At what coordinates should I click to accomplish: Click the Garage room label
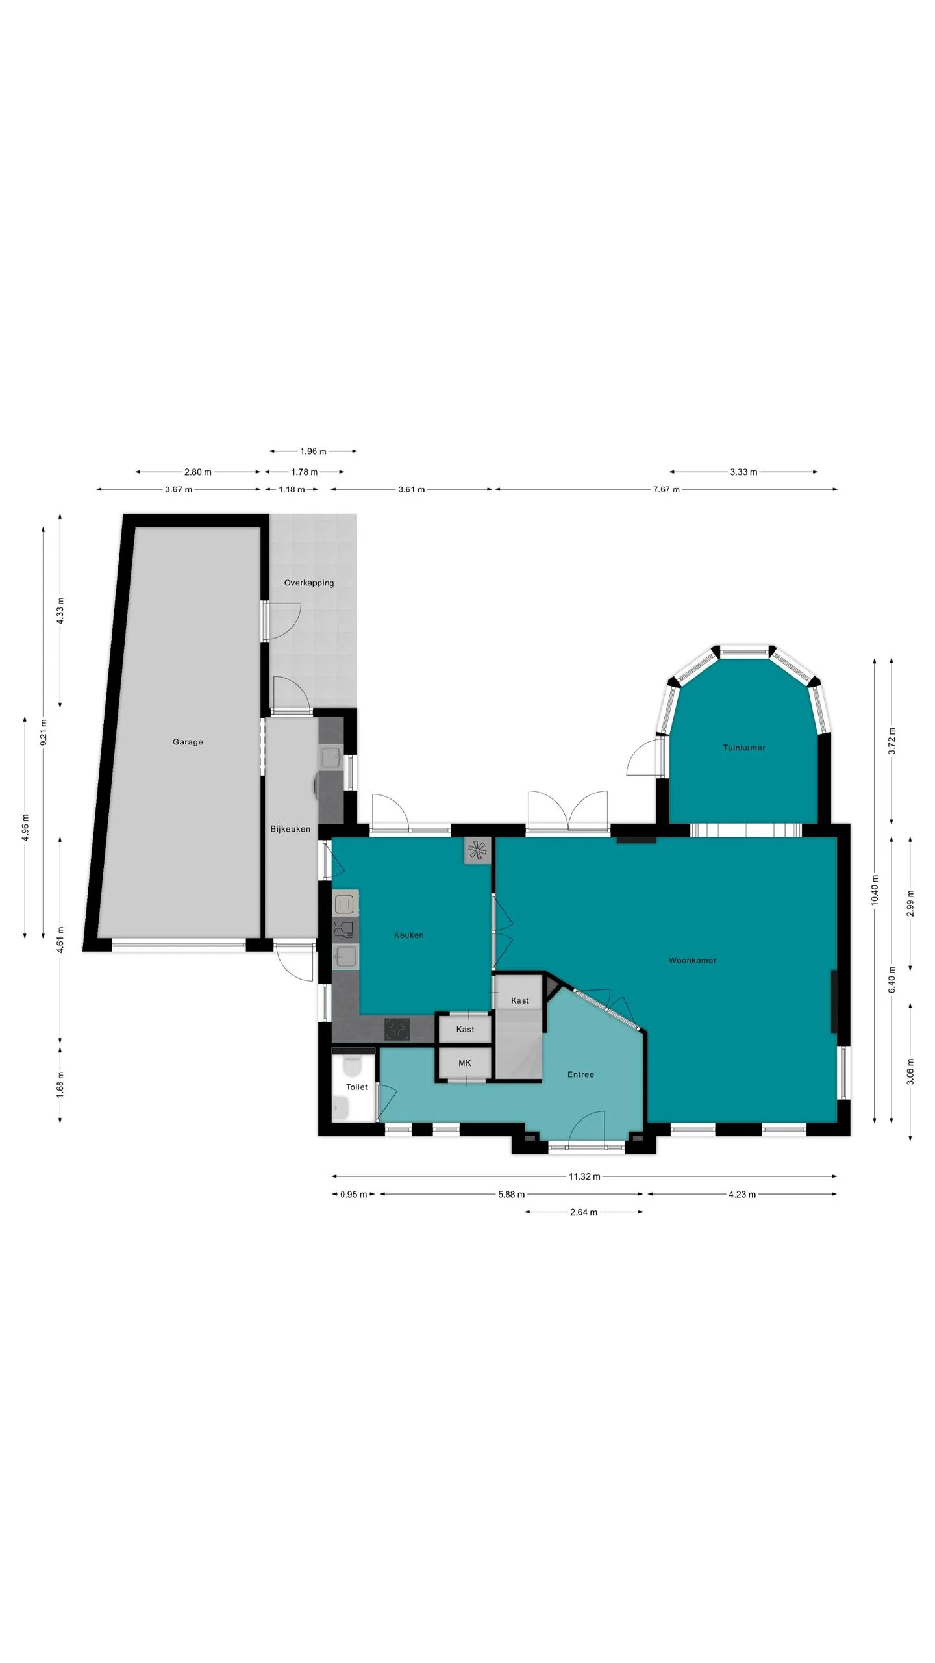pos(188,742)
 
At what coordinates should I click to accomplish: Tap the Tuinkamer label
pos(744,748)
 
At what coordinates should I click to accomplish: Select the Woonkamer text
pos(693,960)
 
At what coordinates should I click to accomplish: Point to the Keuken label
pos(409,935)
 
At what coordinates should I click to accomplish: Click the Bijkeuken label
pos(290,829)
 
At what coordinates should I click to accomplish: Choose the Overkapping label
pos(309,583)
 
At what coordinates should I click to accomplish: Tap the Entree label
pos(580,1074)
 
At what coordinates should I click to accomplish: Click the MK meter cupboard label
pos(465,1063)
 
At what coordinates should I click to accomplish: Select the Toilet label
pos(356,1087)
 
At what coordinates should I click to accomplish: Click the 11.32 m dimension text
pos(584,1176)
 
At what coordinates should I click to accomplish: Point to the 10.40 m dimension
pos(875,889)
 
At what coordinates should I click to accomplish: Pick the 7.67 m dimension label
pos(666,489)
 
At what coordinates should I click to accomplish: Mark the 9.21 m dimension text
pos(44,731)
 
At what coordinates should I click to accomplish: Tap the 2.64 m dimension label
pos(584,1212)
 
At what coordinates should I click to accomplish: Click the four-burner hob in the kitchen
pos(397,1029)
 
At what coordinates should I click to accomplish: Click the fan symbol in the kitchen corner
pos(477,850)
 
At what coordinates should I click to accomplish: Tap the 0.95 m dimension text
pos(354,1194)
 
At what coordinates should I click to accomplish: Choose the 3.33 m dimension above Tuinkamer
pos(743,472)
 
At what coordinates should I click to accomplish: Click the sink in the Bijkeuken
pos(331,757)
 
